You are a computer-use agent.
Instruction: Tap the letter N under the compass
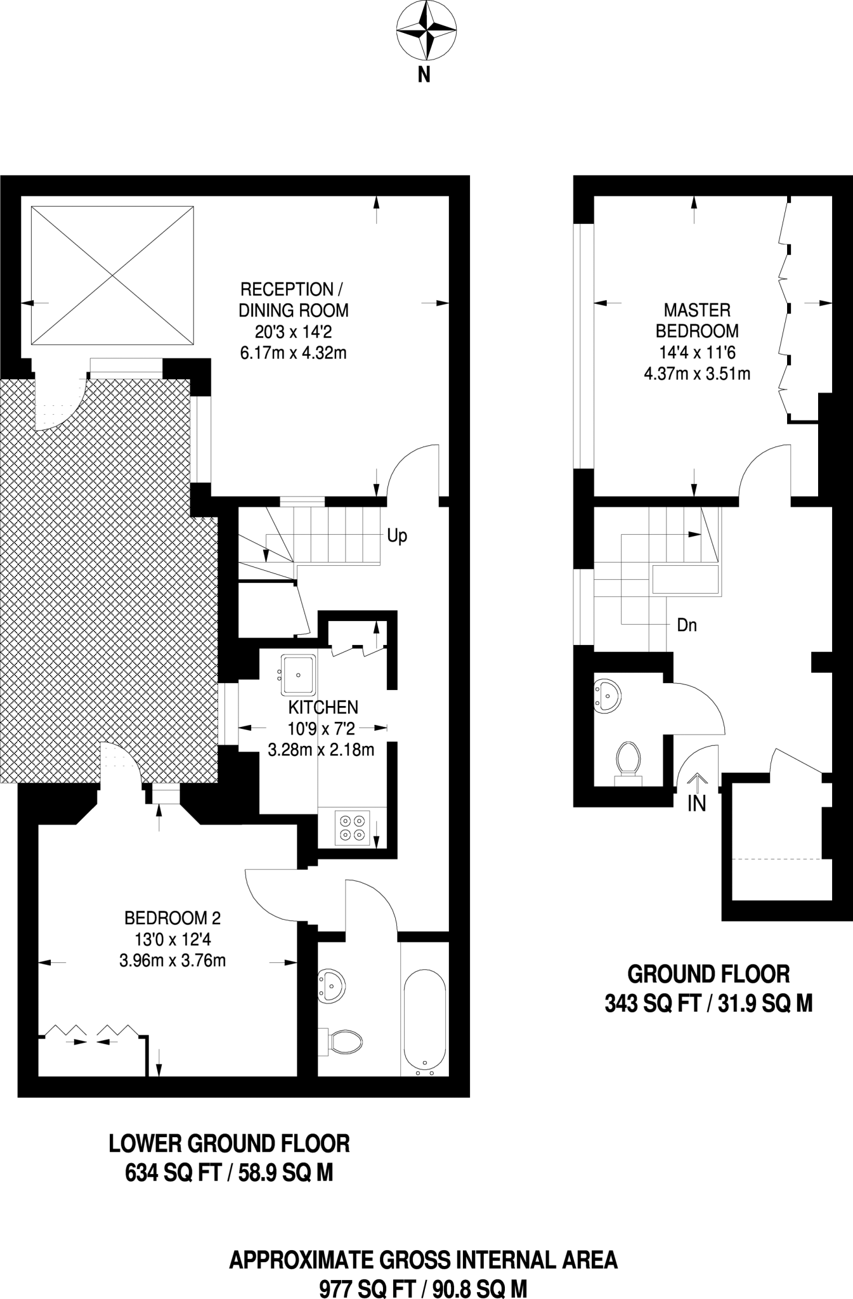[x=424, y=75]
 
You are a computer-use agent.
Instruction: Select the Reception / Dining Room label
[x=293, y=300]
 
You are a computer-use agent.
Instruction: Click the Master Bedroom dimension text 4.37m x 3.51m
[x=697, y=374]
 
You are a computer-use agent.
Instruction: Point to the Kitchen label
[x=323, y=707]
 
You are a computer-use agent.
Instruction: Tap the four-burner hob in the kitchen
[x=353, y=828]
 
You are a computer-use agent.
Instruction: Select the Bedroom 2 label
[x=173, y=918]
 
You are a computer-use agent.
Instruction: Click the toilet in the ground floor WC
[x=627, y=759]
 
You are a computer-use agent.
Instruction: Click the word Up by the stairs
[x=397, y=536]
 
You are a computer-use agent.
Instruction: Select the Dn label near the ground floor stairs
[x=687, y=625]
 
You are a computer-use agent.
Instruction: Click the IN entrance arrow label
[x=697, y=804]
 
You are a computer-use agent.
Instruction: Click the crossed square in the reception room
[x=112, y=275]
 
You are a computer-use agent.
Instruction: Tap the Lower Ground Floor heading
[x=230, y=1144]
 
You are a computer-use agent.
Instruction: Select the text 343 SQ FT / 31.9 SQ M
[x=708, y=1004]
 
